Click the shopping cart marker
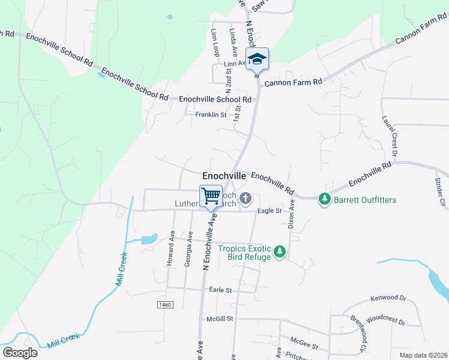pos(211,196)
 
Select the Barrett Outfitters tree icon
pos(325,199)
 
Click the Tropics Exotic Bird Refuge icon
pos(279,252)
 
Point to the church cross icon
pos(245,198)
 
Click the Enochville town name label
pos(224,176)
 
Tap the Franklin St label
pos(210,115)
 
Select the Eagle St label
pos(270,211)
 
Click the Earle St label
pos(220,290)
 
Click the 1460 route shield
pos(165,305)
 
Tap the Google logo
pos(20,353)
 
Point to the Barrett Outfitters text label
pos(365,199)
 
